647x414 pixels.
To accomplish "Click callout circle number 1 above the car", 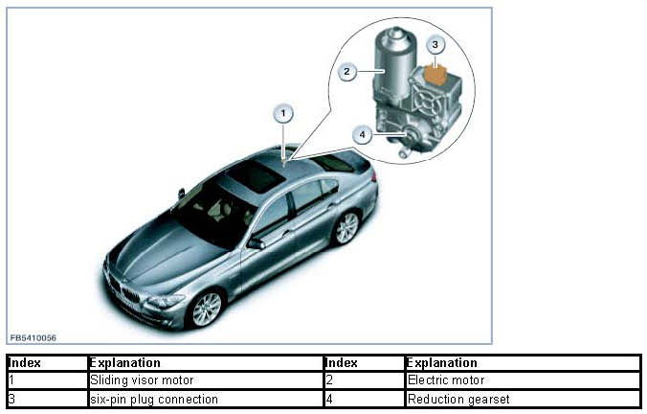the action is (283, 114).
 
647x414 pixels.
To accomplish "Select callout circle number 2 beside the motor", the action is (347, 70).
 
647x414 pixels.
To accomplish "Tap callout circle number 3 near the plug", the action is (435, 44).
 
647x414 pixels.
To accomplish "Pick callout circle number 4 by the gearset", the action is (362, 135).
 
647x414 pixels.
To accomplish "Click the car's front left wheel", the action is (206, 308).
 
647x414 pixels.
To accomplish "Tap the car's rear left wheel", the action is (346, 227).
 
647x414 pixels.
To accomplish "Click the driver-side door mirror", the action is (256, 243).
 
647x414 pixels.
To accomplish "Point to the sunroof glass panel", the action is (251, 175).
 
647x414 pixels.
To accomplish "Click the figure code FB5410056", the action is (33, 338).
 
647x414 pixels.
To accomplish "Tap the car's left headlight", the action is (166, 301).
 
